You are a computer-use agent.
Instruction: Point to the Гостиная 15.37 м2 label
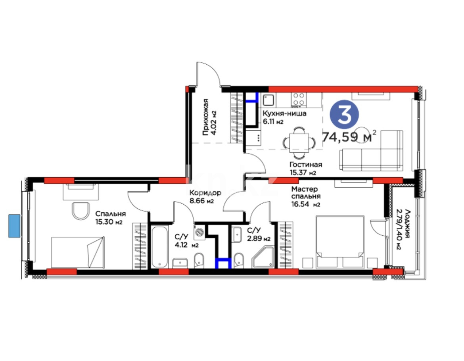click(305, 168)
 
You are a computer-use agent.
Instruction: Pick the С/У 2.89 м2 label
click(258, 234)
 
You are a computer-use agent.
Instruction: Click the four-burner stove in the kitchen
click(298, 100)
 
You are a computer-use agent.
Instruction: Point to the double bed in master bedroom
click(340, 240)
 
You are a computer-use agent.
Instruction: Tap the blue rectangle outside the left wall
click(14, 226)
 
